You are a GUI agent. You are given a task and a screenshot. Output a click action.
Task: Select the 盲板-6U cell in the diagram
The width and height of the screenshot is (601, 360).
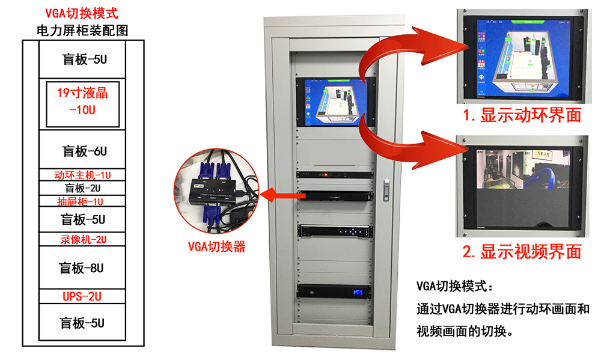pos(85,150)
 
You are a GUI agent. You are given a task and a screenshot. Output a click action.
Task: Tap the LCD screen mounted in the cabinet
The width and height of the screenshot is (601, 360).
pos(335,100)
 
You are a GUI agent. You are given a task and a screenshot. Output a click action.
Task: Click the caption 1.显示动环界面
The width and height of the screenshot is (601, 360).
pos(522,115)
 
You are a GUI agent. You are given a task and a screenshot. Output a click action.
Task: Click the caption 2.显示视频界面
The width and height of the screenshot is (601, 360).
pos(522,251)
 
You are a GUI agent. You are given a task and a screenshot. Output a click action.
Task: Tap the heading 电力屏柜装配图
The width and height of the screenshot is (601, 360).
pos(83,30)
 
